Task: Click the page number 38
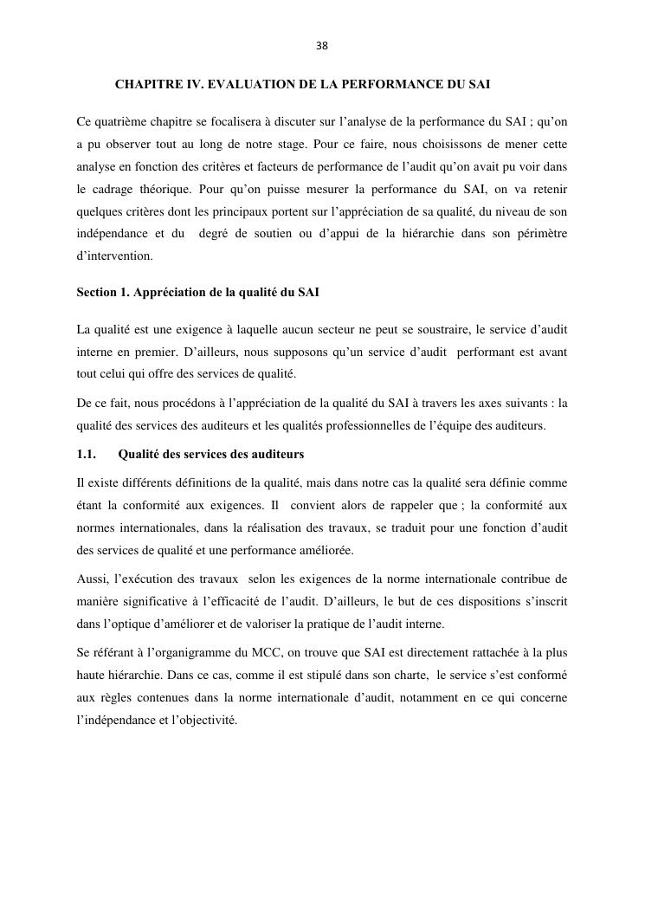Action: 322,46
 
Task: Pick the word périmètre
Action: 539,233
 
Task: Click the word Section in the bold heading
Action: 97,293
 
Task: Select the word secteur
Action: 375,329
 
